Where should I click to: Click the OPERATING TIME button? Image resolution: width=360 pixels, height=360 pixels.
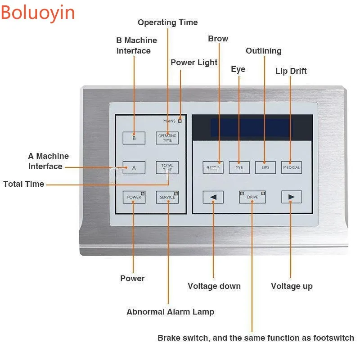167,138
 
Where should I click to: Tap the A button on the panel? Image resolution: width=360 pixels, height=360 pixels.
134,167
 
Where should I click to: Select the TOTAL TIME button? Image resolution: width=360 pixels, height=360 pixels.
167,167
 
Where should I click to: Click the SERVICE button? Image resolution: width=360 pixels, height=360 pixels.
167,197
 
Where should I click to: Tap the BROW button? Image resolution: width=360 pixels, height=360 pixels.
213,167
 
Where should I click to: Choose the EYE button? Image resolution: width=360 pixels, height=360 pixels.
239,167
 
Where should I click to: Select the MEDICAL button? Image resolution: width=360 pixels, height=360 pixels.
291,167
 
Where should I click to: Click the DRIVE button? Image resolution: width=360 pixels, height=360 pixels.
252,197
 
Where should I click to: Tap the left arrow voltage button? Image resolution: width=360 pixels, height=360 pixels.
213,197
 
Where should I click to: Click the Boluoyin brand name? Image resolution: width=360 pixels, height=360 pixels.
38,13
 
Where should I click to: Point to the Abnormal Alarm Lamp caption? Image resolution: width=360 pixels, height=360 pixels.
170,312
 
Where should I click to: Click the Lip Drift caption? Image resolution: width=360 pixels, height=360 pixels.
291,71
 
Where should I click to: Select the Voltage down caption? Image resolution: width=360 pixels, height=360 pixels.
214,286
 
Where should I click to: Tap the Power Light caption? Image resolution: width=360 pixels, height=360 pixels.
194,63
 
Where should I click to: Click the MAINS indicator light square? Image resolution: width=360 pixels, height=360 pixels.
180,121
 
